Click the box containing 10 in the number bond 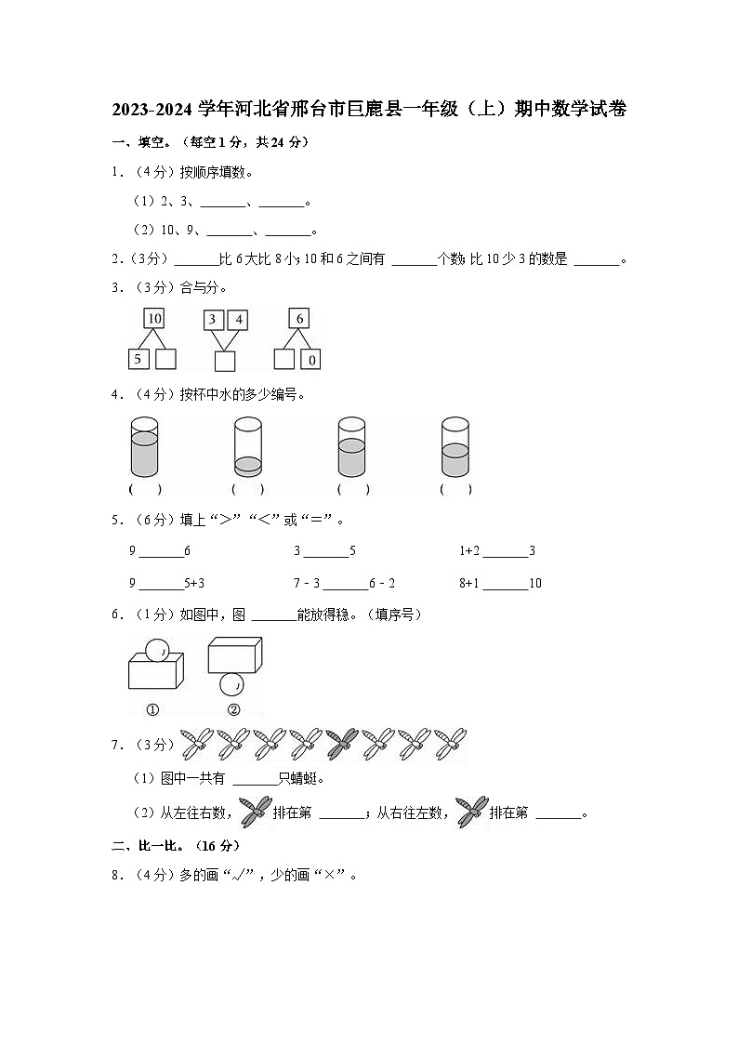click(x=154, y=319)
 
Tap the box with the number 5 click(x=138, y=359)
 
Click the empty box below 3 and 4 click(x=224, y=361)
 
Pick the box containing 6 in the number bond click(x=298, y=319)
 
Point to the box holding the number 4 click(x=238, y=320)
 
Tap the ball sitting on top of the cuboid click(x=157, y=648)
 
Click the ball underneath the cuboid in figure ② click(x=231, y=685)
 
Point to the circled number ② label click(x=232, y=710)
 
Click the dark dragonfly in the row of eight click(x=341, y=743)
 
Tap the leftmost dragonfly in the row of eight click(x=197, y=743)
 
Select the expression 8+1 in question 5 click(x=469, y=584)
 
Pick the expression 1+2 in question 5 click(x=469, y=551)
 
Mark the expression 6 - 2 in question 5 click(x=382, y=584)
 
